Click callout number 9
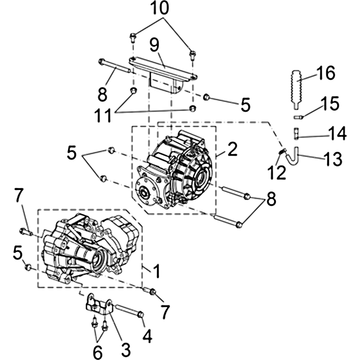154,45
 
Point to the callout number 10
160,8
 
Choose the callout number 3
126,350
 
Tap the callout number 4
147,336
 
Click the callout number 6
98,352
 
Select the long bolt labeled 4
129,310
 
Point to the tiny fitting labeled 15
297,117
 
